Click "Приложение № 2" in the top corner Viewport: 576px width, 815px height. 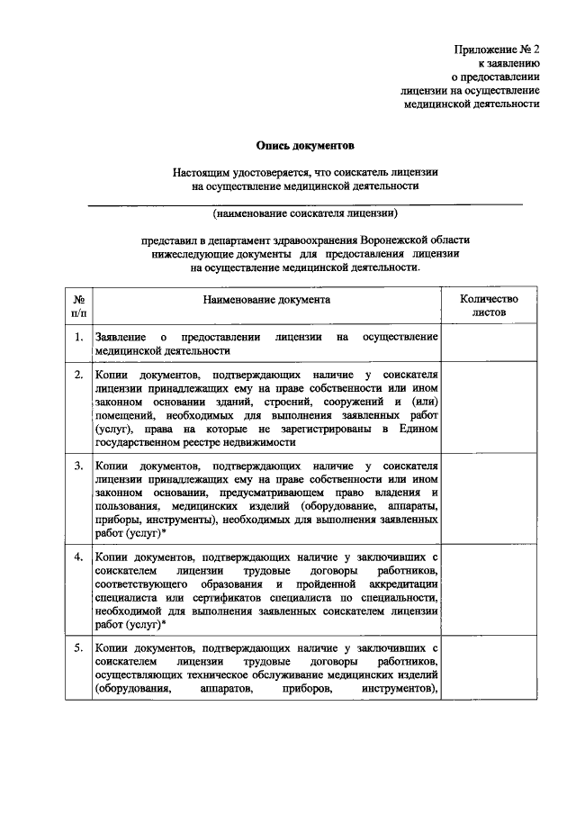496,50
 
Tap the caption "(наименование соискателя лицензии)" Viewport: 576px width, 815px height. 305,214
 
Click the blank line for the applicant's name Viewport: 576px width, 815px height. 304,204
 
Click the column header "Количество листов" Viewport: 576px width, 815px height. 489,304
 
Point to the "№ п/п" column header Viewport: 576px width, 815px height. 78,304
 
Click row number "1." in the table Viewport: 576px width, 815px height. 79,337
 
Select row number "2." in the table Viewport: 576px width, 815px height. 79,374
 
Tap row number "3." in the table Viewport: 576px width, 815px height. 79,466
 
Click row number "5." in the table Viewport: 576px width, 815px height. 79,647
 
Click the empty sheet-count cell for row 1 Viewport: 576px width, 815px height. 489,343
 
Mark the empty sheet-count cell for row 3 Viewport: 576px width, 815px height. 489,499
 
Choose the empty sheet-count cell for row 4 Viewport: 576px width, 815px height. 489,590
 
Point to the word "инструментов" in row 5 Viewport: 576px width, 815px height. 397,689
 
